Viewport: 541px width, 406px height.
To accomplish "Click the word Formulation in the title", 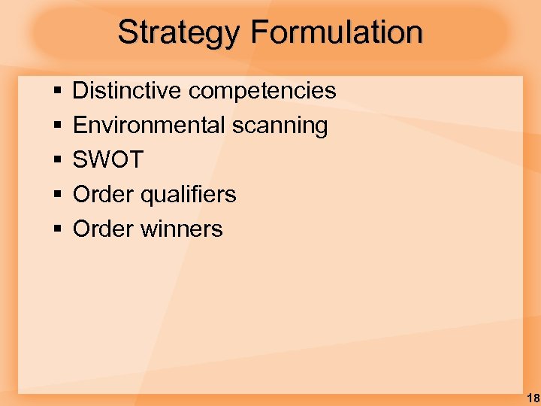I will (x=337, y=32).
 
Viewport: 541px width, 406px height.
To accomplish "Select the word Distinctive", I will (x=127, y=91).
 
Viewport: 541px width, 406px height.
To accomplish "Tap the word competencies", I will (x=262, y=91).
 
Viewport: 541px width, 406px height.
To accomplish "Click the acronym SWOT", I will (x=107, y=160).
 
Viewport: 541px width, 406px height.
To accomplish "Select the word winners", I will (x=181, y=229).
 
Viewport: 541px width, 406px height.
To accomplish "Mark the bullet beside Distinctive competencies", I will (x=57, y=92).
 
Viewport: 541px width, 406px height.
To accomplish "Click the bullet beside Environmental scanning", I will (x=57, y=126).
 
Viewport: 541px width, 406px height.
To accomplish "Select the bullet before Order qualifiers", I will (x=57, y=195).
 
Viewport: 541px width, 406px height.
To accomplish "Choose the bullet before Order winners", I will (x=57, y=230).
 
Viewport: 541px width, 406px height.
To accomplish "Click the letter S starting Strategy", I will (x=128, y=32).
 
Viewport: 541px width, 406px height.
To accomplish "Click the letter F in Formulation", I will (x=259, y=32).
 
